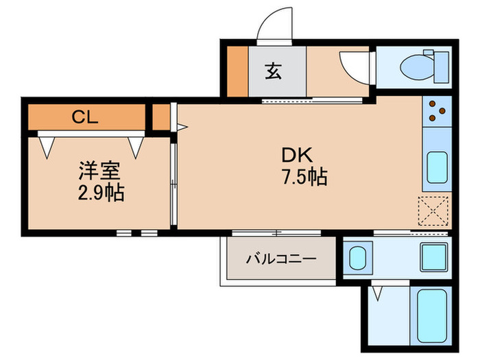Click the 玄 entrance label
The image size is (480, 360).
point(273,71)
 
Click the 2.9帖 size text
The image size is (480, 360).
point(101,193)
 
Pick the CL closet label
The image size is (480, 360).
point(86,117)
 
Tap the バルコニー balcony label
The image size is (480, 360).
point(280,260)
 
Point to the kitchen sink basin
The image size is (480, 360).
point(436,167)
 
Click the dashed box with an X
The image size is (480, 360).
point(434,211)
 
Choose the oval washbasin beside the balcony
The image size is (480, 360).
point(357,259)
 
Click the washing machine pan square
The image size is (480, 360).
point(433,257)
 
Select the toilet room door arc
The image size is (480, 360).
point(355,69)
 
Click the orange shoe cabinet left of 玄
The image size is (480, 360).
point(237,71)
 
